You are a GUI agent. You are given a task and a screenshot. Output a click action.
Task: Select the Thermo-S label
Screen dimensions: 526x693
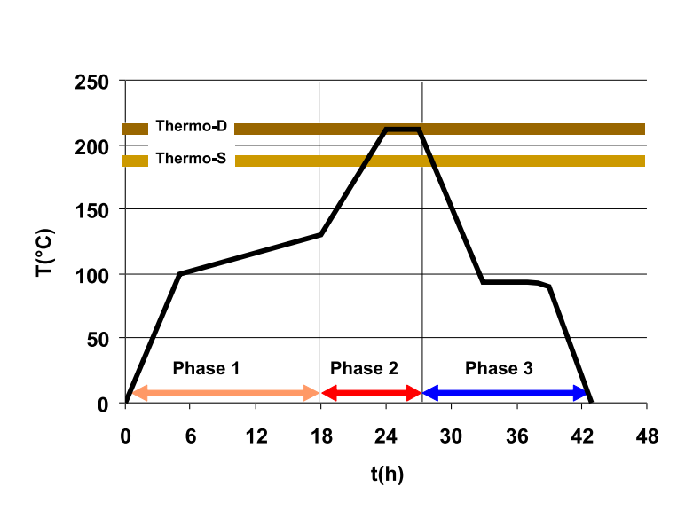(191, 160)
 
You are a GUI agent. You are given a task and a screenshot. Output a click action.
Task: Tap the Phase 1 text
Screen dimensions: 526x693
(206, 368)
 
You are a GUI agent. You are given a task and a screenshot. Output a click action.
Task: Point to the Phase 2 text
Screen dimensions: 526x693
(364, 368)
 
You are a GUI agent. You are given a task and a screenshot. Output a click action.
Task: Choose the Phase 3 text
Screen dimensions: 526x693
(499, 368)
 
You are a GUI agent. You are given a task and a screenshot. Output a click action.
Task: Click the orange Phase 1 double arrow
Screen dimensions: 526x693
(224, 393)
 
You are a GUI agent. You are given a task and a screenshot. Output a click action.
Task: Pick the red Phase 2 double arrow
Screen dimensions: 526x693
(371, 393)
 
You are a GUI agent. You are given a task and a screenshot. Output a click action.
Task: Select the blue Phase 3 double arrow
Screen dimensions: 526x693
(505, 393)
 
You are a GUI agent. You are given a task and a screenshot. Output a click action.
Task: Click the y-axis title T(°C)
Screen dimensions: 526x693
(44, 253)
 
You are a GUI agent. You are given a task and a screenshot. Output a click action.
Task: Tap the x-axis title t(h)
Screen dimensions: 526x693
(387, 474)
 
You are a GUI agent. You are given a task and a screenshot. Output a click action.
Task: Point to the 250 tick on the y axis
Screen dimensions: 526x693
(93, 82)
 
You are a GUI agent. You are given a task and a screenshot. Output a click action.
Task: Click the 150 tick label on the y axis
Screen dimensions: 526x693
(93, 210)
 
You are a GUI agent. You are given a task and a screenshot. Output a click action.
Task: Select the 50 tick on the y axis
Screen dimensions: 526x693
(98, 339)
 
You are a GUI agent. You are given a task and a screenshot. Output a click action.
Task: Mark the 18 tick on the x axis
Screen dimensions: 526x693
(320, 436)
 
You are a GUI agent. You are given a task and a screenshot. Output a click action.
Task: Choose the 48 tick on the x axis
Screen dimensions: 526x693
(647, 436)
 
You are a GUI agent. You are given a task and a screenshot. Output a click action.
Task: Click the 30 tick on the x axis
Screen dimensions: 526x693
(451, 436)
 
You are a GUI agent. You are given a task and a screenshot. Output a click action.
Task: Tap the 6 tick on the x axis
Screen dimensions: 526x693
(191, 436)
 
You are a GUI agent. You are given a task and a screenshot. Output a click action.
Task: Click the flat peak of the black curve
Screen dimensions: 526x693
(402, 130)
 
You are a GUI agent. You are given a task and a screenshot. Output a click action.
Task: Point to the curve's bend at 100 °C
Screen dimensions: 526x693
(180, 274)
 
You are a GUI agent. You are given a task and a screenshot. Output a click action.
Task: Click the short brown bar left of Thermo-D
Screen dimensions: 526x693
(135, 129)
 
